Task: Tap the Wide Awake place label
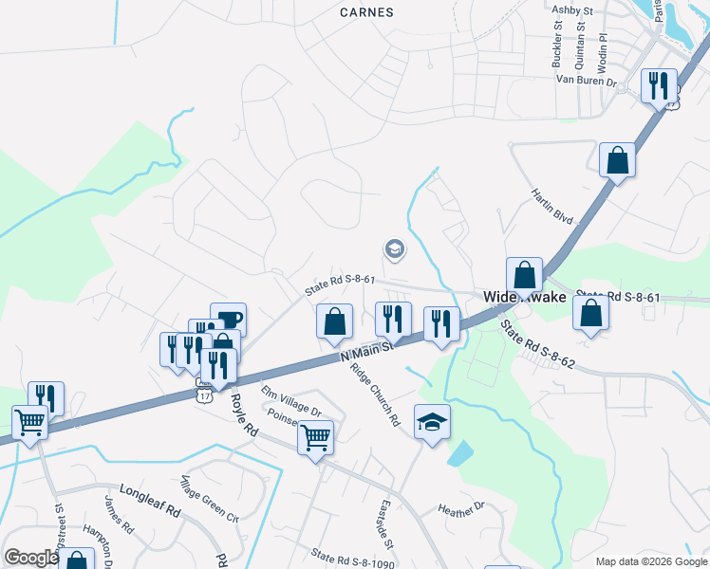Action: pyautogui.click(x=525, y=297)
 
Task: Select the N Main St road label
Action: pyautogui.click(x=366, y=350)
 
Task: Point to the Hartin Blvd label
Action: pyautogui.click(x=551, y=206)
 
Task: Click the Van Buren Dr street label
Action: pyautogui.click(x=587, y=83)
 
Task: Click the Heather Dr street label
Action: pyautogui.click(x=461, y=510)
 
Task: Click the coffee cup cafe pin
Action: pyautogui.click(x=228, y=320)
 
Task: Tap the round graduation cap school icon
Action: pyautogui.click(x=394, y=249)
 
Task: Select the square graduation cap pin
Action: pyautogui.click(x=432, y=421)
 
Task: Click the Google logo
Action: pyautogui.click(x=31, y=558)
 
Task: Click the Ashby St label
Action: pyautogui.click(x=572, y=9)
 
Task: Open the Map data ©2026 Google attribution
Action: pyautogui.click(x=650, y=561)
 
